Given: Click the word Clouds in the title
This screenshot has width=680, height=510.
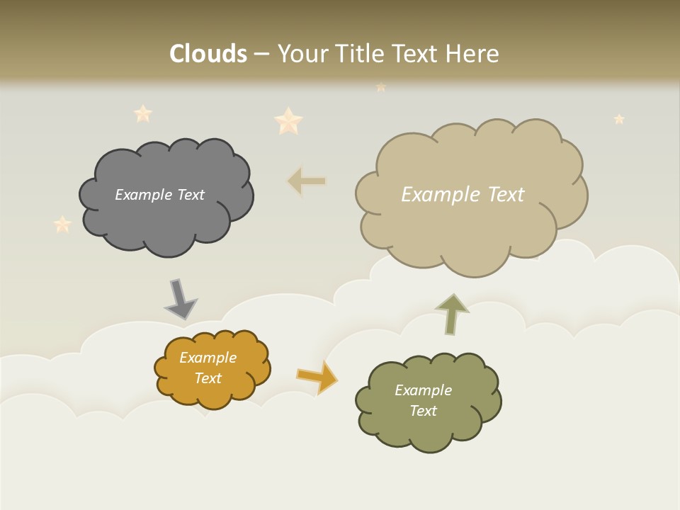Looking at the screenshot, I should coord(208,54).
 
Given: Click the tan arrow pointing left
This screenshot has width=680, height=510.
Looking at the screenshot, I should coord(307,181).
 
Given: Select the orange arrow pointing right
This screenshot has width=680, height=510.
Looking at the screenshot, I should coord(318,376).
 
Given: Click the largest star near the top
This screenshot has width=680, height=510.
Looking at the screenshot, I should coord(288,121).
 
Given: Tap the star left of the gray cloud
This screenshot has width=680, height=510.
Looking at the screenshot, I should coord(62,225).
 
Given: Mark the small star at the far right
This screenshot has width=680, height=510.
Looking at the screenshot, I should coord(619,119).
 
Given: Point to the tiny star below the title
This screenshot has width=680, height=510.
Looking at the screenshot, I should coord(381,87).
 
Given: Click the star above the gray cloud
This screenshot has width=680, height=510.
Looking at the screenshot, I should coord(143,113).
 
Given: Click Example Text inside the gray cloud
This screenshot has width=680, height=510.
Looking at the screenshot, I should coord(159,195).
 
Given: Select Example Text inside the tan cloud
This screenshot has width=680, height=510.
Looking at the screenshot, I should coord(463,195).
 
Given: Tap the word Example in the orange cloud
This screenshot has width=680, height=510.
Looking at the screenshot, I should coord(208,358).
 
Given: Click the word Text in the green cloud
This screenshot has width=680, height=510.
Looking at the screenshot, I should coord(423,411).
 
